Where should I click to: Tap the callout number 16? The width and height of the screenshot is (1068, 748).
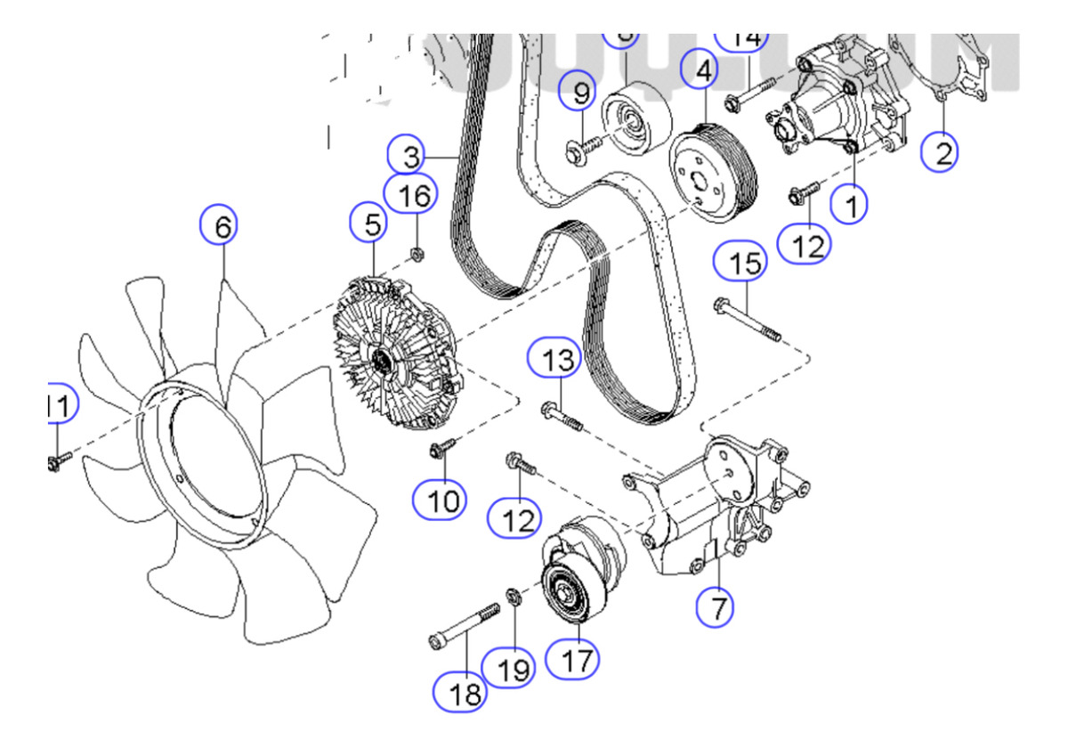(x=411, y=196)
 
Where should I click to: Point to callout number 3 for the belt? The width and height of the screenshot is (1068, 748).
(x=410, y=158)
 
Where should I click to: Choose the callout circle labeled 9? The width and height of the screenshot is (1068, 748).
(x=581, y=91)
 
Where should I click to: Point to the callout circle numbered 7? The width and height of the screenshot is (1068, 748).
(x=716, y=608)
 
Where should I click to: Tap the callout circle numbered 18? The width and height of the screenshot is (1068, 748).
(x=463, y=692)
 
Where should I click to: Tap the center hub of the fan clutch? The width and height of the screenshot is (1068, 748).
(x=382, y=361)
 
